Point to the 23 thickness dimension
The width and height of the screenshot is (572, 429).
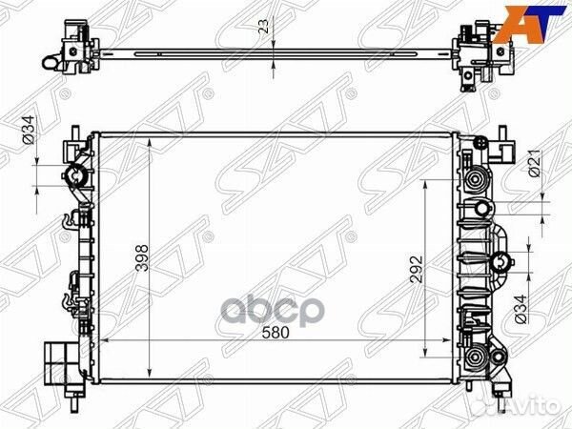263,30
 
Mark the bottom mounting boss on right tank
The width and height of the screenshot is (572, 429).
474,358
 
